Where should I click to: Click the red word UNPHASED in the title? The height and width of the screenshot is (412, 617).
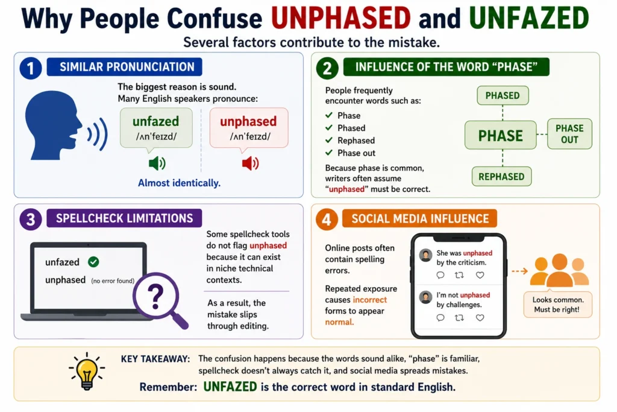(x=341, y=19)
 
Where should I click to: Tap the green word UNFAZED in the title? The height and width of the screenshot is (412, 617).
(x=529, y=19)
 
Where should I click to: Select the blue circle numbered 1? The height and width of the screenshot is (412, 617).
(x=30, y=68)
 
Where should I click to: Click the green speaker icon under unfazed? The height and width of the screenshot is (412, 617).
(x=157, y=163)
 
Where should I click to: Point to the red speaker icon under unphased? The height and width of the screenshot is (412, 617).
(x=250, y=163)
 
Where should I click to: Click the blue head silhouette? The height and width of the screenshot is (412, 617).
(x=53, y=125)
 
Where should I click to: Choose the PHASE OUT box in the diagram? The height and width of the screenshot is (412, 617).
(x=569, y=134)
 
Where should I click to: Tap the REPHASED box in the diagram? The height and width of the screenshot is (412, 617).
(x=501, y=177)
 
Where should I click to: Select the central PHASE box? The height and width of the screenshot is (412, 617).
(x=501, y=135)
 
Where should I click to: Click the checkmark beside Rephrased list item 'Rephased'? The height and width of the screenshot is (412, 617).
(x=329, y=141)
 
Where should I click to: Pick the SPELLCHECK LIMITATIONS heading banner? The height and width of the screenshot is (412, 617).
(x=124, y=218)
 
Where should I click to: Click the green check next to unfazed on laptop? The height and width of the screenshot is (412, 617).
(x=93, y=262)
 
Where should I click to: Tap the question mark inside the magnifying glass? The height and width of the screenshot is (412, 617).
(x=155, y=297)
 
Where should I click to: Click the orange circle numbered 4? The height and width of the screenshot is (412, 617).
(x=327, y=219)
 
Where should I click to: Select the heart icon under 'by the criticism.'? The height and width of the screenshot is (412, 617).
(x=480, y=275)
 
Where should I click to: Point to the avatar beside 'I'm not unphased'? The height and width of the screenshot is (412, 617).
(x=425, y=297)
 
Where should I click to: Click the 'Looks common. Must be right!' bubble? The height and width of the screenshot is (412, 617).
(x=557, y=305)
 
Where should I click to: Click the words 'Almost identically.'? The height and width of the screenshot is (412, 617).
(x=179, y=183)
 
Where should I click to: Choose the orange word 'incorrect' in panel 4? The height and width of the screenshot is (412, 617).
(x=369, y=300)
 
